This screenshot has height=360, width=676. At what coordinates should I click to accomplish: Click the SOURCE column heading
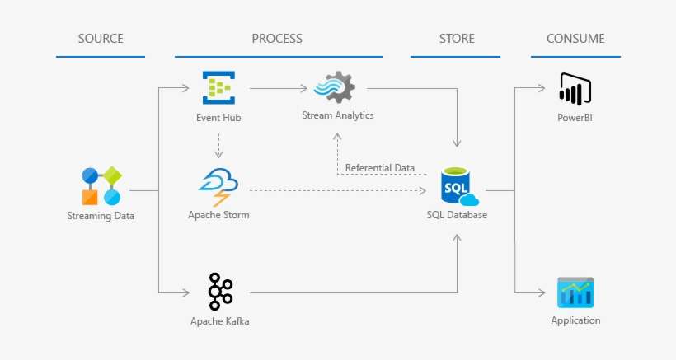[101, 38]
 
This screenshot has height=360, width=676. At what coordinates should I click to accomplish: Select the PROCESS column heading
[277, 38]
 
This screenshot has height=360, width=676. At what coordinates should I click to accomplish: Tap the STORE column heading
[455, 38]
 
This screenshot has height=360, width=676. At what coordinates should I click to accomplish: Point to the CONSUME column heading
[575, 38]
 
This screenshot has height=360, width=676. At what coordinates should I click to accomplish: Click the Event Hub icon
[218, 87]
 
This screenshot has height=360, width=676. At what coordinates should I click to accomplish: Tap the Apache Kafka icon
[219, 291]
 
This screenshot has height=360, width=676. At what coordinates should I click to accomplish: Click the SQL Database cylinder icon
[458, 188]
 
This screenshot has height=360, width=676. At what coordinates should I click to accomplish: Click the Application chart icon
[575, 292]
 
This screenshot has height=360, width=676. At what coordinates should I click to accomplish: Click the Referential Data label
[379, 168]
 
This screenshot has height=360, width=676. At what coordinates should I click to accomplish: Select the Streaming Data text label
[101, 216]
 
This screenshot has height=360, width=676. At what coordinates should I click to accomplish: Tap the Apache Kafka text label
[219, 320]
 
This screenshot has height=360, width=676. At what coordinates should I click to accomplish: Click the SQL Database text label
[457, 216]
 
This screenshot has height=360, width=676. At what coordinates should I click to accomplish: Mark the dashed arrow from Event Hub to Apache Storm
[218, 146]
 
